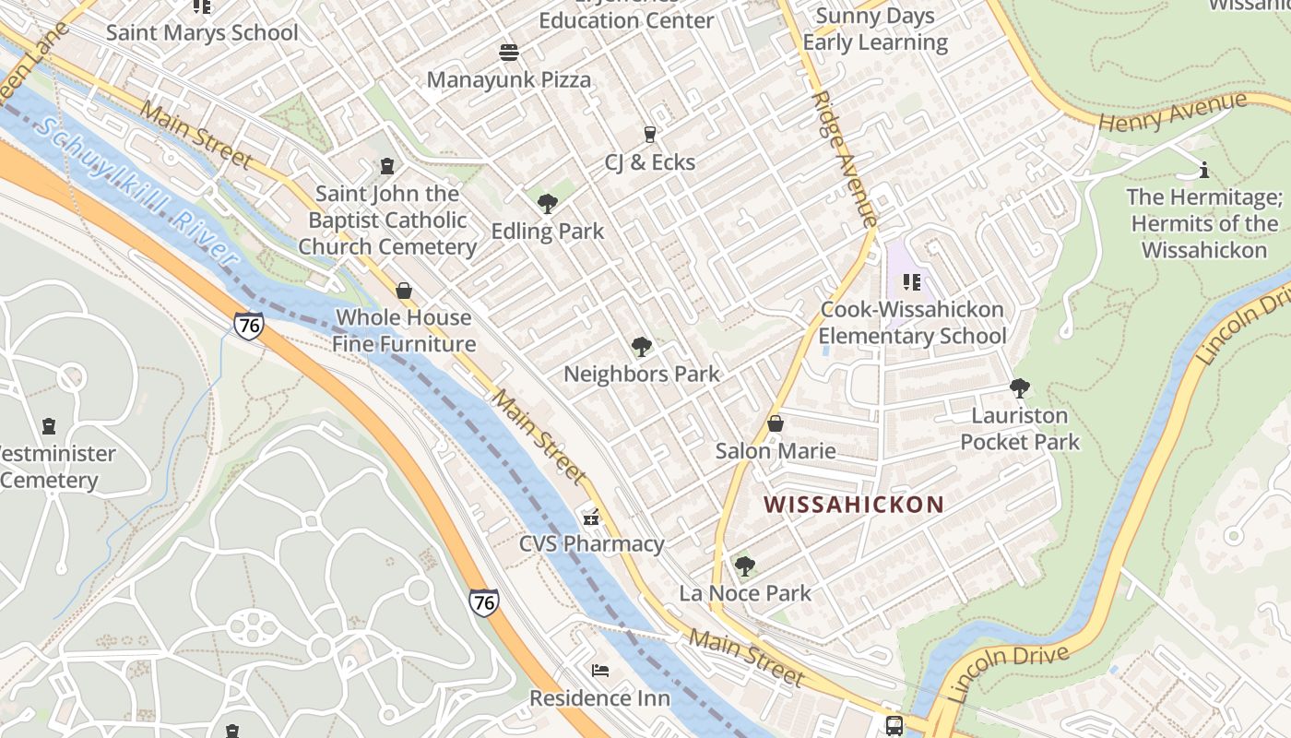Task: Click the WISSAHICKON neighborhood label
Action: (855, 505)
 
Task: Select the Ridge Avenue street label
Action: (843, 158)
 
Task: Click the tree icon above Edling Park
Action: (547, 203)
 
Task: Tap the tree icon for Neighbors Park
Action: (642, 347)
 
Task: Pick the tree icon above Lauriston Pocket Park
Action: (1019, 388)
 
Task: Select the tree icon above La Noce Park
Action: (744, 565)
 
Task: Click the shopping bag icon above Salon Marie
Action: (776, 423)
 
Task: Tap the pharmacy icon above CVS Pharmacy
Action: (591, 517)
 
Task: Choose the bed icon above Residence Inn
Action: (599, 670)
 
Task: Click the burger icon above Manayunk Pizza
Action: (509, 53)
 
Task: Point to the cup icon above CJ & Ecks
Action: (649, 135)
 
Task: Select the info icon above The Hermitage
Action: (1203, 170)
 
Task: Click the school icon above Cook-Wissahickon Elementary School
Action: (912, 282)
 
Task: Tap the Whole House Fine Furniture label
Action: (404, 330)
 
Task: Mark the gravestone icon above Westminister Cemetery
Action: (49, 426)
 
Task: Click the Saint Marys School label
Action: (202, 33)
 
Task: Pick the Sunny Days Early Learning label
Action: (875, 30)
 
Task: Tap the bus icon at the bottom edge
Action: (894, 725)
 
